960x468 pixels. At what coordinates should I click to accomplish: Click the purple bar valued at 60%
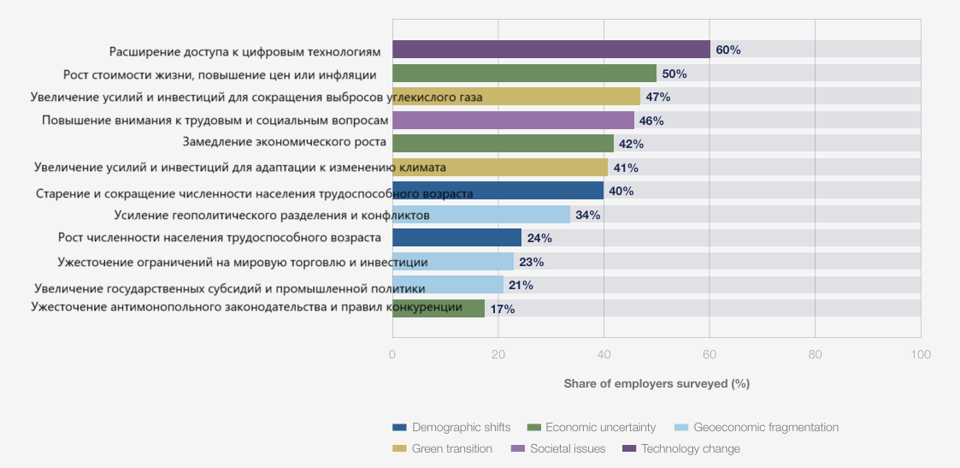click(551, 50)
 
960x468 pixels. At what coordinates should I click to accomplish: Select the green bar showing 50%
click(524, 74)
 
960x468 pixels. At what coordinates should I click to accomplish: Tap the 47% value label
click(657, 97)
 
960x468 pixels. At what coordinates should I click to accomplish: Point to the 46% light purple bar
click(513, 121)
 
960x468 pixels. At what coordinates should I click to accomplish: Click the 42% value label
click(631, 144)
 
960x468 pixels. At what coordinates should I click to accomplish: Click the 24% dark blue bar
click(456, 238)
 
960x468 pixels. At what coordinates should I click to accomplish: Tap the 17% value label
click(502, 309)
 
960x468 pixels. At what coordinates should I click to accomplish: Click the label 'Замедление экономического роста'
click(285, 142)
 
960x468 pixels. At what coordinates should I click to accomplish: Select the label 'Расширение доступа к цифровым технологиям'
click(245, 52)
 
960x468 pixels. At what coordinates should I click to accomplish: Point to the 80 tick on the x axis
click(815, 354)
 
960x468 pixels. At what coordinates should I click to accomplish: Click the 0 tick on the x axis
click(392, 354)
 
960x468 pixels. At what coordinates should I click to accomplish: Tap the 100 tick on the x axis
click(920, 354)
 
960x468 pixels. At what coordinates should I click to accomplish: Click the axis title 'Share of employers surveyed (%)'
click(657, 384)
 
